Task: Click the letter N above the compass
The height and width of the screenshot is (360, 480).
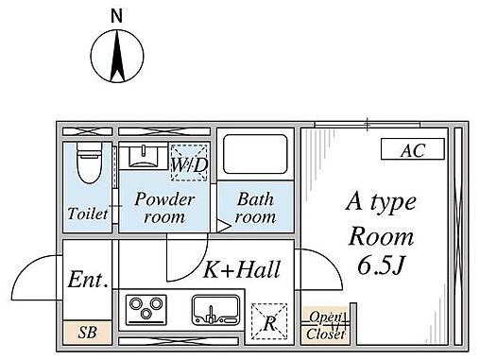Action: click(x=117, y=16)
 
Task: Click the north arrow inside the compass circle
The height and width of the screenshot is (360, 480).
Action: click(x=117, y=56)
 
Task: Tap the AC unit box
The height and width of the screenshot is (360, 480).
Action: click(x=413, y=148)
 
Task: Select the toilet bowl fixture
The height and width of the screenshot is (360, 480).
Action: click(x=90, y=163)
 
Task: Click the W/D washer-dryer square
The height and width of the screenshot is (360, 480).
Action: click(x=189, y=163)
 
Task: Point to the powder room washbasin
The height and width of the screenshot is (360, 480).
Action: click(x=144, y=156)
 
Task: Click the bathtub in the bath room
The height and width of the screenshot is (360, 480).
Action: click(x=255, y=154)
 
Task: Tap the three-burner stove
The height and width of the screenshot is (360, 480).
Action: click(x=146, y=310)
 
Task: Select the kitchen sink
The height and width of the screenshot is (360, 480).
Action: click(x=216, y=310)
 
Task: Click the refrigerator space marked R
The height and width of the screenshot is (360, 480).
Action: click(x=269, y=321)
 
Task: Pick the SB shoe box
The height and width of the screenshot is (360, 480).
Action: click(x=88, y=333)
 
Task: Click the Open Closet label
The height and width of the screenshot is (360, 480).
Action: click(x=326, y=325)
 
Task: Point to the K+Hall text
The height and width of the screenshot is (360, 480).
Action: click(x=242, y=269)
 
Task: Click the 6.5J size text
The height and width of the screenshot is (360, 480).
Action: click(x=381, y=266)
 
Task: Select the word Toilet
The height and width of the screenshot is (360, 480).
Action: click(x=88, y=214)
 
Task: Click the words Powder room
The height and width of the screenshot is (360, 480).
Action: click(x=164, y=208)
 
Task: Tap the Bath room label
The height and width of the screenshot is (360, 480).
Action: click(x=255, y=208)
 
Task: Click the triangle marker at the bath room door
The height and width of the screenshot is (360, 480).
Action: click(x=224, y=227)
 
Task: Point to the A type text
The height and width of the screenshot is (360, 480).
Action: click(x=381, y=203)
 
